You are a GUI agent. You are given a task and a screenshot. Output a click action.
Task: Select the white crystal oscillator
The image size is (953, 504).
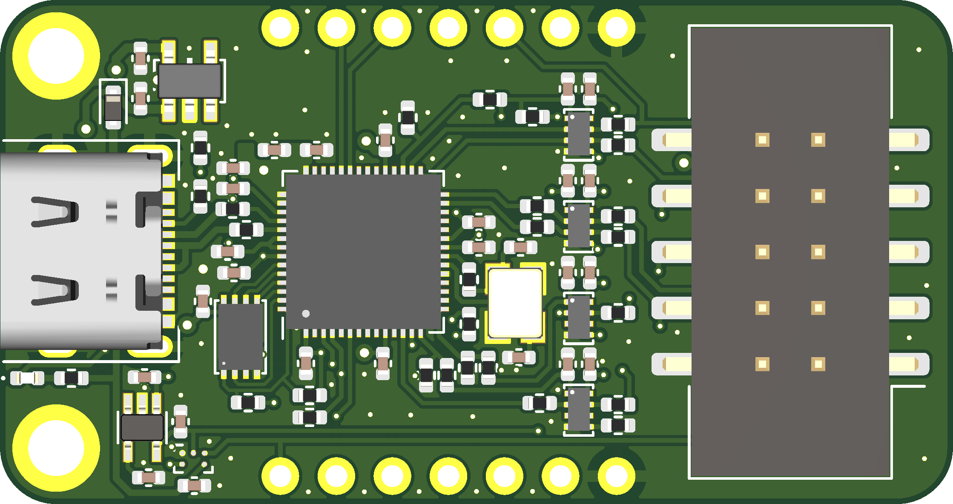[515, 303]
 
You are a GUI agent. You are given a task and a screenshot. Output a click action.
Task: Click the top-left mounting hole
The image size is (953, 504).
[56, 56]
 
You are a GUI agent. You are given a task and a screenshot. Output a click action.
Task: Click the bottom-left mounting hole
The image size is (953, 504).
[56, 448]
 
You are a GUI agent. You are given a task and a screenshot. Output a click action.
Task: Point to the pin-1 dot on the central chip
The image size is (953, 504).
[306, 314]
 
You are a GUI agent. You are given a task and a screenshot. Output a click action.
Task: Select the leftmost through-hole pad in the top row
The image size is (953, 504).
[280, 28]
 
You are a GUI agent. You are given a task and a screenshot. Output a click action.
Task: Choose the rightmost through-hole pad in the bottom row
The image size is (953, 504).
[616, 475]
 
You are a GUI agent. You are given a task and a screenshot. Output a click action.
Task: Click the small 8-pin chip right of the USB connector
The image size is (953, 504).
[241, 336]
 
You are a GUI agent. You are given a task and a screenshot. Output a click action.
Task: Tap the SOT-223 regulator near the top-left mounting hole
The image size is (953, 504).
[189, 81]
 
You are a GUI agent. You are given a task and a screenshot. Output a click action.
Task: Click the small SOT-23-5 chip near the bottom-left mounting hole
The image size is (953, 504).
[142, 427]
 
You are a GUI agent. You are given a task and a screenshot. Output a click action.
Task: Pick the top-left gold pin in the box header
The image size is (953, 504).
[762, 140]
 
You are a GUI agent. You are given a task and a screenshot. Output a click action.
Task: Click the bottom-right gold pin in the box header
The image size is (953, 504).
[818, 364]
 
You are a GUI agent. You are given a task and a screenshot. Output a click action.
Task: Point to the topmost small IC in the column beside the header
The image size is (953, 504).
[579, 135]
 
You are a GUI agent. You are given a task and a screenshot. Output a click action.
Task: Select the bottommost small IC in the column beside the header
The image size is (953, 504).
[579, 409]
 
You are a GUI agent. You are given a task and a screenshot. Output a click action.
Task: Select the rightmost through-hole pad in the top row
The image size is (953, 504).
[616, 28]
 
